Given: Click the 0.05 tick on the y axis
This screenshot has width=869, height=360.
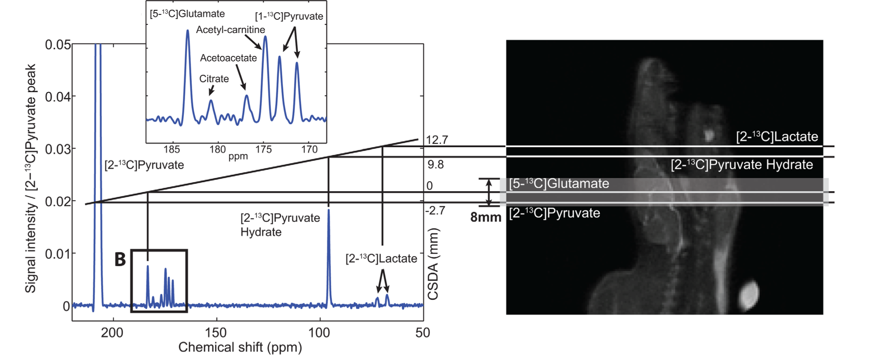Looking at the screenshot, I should (x=58, y=44).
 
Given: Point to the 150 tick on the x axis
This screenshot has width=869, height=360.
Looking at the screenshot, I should (x=216, y=332).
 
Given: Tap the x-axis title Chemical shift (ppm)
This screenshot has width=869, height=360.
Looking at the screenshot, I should (x=240, y=347).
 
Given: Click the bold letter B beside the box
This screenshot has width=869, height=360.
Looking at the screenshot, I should (x=120, y=260).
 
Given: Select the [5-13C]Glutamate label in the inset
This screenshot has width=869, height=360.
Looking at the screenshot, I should (x=187, y=14).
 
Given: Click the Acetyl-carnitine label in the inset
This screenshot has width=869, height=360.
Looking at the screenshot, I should (x=230, y=30).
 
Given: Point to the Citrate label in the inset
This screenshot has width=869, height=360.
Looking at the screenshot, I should (x=214, y=79).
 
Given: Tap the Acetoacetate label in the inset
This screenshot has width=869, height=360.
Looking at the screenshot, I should (x=228, y=58).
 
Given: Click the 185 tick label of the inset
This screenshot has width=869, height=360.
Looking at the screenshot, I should (x=172, y=149).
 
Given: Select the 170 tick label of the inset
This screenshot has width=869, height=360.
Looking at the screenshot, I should (x=309, y=149).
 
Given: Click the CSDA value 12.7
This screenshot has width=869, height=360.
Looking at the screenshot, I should (x=437, y=140).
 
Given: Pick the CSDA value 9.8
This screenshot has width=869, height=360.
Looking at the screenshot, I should (x=435, y=165).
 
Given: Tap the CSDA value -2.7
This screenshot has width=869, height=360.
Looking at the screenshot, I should (x=435, y=211).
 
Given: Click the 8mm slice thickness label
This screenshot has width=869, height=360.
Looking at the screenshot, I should (x=486, y=217).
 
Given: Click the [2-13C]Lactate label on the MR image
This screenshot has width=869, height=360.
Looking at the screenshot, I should (x=777, y=137).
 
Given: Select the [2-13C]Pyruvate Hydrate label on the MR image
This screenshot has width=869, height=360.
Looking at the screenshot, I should (x=742, y=165).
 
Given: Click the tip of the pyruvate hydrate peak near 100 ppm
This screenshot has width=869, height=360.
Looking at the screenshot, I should (x=328, y=210).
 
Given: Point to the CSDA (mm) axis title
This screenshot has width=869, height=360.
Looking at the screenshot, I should (x=433, y=264).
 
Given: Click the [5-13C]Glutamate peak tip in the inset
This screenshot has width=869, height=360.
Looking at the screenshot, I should (x=188, y=30).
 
